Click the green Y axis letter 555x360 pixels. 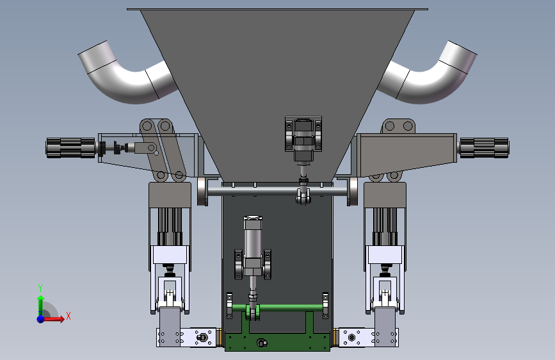click(40, 288)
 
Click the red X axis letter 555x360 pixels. click(68, 316)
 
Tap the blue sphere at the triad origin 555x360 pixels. click(41, 319)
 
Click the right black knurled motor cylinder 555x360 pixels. click(484, 148)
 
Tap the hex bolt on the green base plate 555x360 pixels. click(262, 343)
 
